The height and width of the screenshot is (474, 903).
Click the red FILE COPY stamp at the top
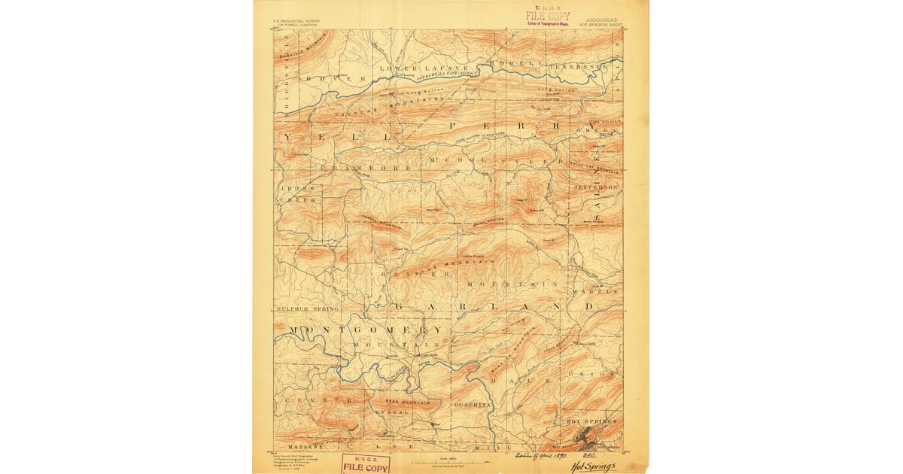[x=548, y=16]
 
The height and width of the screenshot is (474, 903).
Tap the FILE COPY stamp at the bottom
[x=366, y=465]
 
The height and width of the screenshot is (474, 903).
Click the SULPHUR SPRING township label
[x=297, y=308]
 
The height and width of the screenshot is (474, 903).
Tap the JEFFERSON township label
[x=596, y=186]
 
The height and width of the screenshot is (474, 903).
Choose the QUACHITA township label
[x=473, y=405]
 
